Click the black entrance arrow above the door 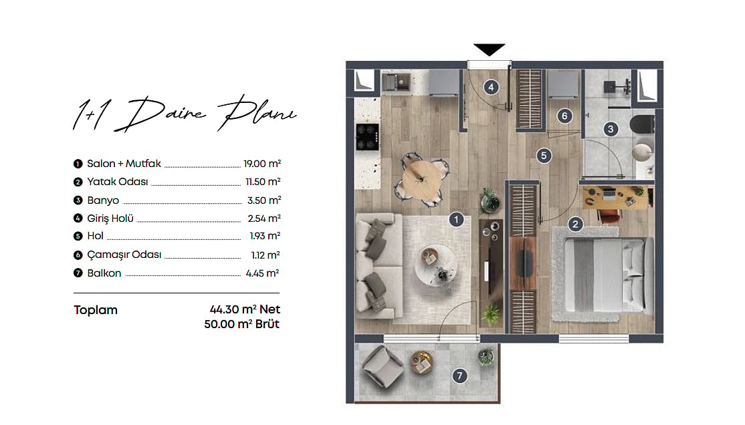tap(489, 49)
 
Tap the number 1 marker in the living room tap(456, 219)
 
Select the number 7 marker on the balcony tap(459, 376)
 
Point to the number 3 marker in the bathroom tap(611, 129)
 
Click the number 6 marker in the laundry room tap(564, 116)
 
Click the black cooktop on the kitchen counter tap(368, 137)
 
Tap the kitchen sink tap(397, 82)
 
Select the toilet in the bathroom tap(643, 124)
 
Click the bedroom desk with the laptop tap(615, 198)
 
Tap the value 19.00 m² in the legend tap(262, 163)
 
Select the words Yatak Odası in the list tap(117, 182)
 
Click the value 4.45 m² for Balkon tap(262, 273)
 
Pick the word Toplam tap(96, 310)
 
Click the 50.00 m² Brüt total tap(242, 324)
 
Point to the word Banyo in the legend tap(103, 200)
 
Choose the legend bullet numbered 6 tap(78, 255)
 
